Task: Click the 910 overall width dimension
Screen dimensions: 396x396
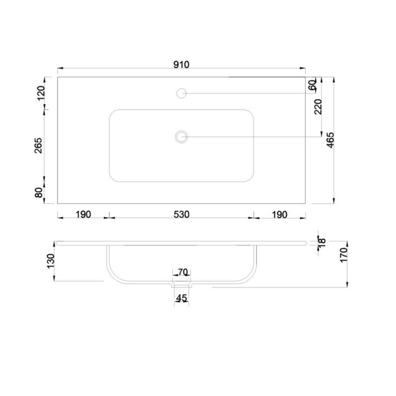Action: (181, 65)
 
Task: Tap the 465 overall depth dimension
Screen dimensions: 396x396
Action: (330, 140)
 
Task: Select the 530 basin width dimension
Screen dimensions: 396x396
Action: (181, 215)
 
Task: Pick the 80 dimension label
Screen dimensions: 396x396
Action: (38, 193)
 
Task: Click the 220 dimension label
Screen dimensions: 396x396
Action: (318, 107)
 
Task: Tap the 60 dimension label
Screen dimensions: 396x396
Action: (312, 85)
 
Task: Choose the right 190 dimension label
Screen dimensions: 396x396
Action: (279, 215)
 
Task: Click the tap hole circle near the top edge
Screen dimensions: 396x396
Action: (181, 93)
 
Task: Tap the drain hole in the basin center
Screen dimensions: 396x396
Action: (181, 137)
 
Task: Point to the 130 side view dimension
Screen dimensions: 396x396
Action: (51, 261)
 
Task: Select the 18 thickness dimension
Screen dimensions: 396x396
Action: (322, 241)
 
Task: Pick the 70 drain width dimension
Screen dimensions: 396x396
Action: (183, 272)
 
